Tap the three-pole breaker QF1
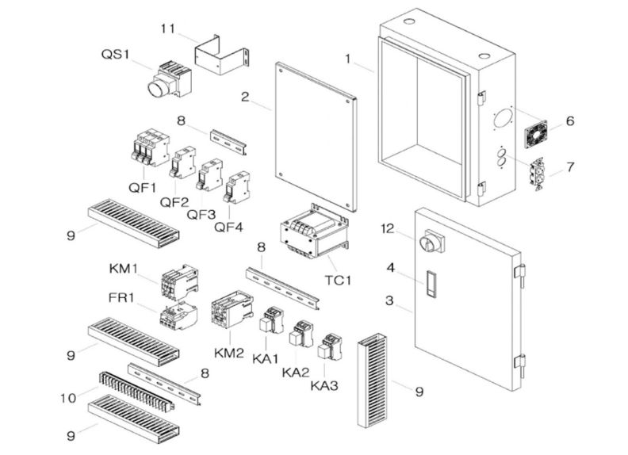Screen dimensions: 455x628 pos(148,150)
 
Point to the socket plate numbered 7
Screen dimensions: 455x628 pos(540,170)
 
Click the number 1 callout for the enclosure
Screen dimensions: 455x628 pos(347,59)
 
